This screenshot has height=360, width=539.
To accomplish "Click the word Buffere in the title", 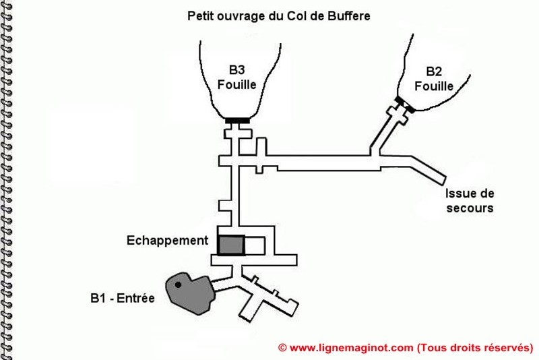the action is click(348, 16).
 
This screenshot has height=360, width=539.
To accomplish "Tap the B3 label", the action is click(237, 70).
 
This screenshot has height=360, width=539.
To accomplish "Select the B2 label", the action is click(434, 71).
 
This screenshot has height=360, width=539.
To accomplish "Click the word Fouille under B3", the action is click(237, 84).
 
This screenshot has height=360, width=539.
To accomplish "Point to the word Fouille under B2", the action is click(434, 86).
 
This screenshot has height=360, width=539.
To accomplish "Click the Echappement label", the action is click(167, 241).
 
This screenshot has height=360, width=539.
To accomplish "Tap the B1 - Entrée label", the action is click(123, 298).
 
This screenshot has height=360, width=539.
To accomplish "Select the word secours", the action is click(470, 208).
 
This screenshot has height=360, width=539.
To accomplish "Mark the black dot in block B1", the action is click(178, 284).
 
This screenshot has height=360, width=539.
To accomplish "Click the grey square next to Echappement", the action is click(231, 245).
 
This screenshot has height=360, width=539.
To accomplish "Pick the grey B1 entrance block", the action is click(191, 293).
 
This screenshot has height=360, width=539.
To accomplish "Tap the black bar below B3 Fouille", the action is click(237, 121).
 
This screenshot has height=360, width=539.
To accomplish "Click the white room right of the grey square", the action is click(255, 245).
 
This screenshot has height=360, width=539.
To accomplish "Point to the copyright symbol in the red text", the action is click(282, 348).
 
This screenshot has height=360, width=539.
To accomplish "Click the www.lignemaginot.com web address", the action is click(351, 348).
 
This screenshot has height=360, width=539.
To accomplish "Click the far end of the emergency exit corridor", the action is click(443, 181).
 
